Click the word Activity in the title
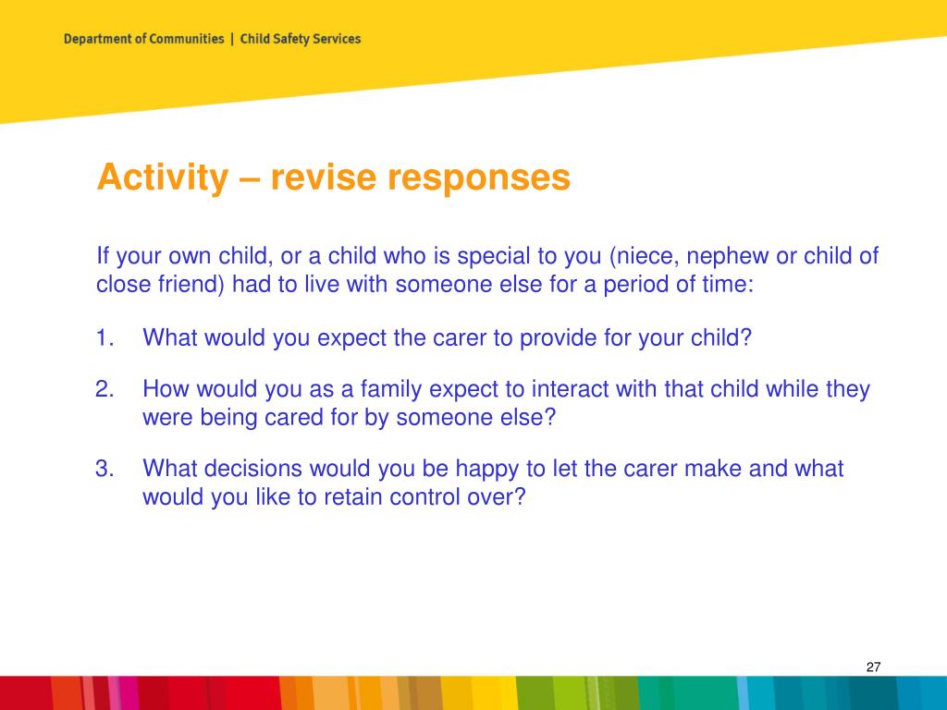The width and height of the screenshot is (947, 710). coord(163,177)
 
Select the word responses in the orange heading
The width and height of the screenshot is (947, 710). coord(479,177)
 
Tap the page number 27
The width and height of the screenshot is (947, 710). coord(873,667)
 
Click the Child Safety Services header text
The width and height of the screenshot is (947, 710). coord(301,39)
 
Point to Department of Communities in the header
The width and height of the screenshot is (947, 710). coord(143,39)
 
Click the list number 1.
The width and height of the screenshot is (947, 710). coord(105,337)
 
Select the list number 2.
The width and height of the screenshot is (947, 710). coord(105,389)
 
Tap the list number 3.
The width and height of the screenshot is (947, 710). coord(105,469)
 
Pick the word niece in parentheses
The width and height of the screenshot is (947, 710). coord(645,256)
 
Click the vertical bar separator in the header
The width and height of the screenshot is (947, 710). coord(232,39)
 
